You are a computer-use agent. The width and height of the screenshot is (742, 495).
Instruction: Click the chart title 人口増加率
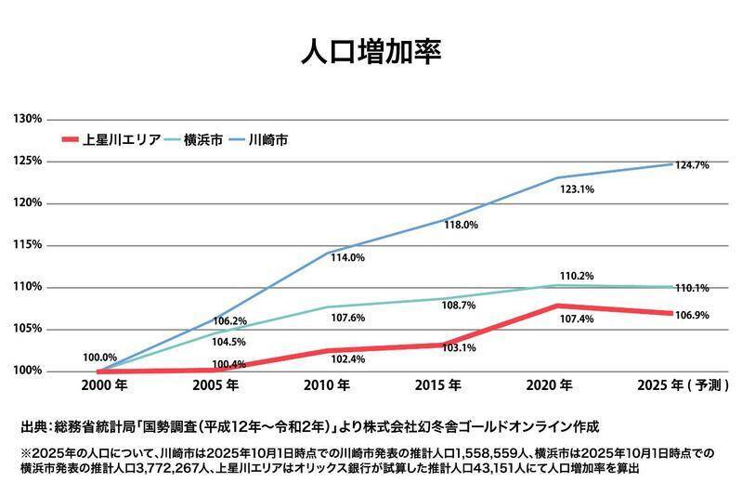pyautogui.click(x=371, y=51)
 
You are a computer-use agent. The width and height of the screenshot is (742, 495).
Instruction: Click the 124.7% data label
pyautogui.click(x=693, y=165)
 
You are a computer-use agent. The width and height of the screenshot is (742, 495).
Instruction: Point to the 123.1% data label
pyautogui.click(x=577, y=189)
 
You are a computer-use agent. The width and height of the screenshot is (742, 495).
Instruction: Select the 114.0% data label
pyautogui.click(x=346, y=257)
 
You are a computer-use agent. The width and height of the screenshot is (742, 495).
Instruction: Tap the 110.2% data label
pyautogui.click(x=577, y=276)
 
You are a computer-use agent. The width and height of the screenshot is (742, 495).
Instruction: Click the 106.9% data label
pyautogui.click(x=693, y=315)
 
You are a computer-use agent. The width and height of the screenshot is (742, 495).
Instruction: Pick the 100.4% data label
pyautogui.click(x=229, y=364)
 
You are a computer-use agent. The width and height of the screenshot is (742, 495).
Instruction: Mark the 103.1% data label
pyautogui.click(x=461, y=347)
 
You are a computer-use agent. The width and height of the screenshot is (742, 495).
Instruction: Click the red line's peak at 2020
pyautogui.click(x=557, y=306)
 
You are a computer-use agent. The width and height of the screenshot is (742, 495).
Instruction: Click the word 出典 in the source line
pyautogui.click(x=34, y=426)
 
